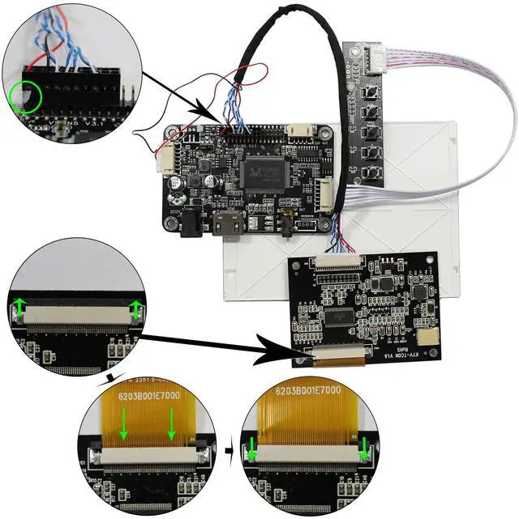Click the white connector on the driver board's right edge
[324, 193]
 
